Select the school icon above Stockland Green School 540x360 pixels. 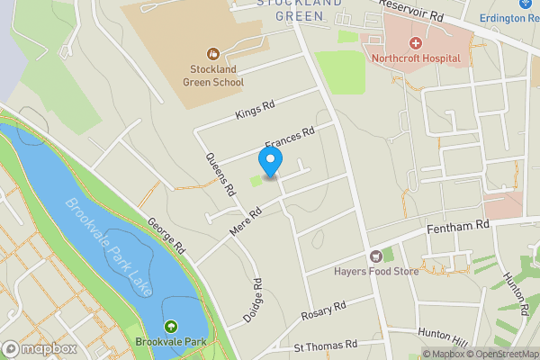click(214, 54)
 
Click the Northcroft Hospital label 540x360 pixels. click(416, 59)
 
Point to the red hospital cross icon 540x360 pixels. click(416, 43)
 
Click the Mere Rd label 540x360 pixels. click(244, 220)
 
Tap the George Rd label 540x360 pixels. click(166, 234)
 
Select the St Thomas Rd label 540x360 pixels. click(325, 346)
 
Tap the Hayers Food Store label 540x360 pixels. click(377, 271)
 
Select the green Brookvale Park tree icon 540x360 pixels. click(170, 326)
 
